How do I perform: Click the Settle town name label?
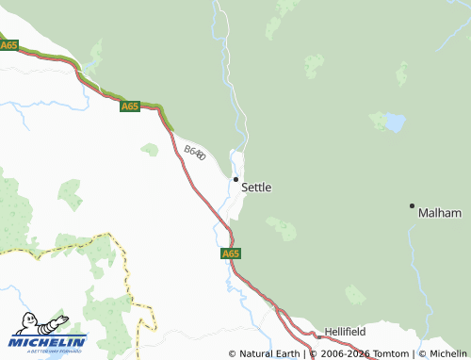[256, 188]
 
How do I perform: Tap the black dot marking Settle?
[235, 178]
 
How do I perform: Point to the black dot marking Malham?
[412, 205]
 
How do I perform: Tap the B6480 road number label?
[195, 152]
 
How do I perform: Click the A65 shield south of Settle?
[232, 254]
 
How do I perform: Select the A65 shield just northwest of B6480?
[130, 106]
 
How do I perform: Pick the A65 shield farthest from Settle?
[9, 45]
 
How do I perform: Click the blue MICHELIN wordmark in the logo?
[49, 341]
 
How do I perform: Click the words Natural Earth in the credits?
[269, 354]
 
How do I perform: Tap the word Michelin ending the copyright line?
[448, 354]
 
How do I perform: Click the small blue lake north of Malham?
[395, 123]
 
